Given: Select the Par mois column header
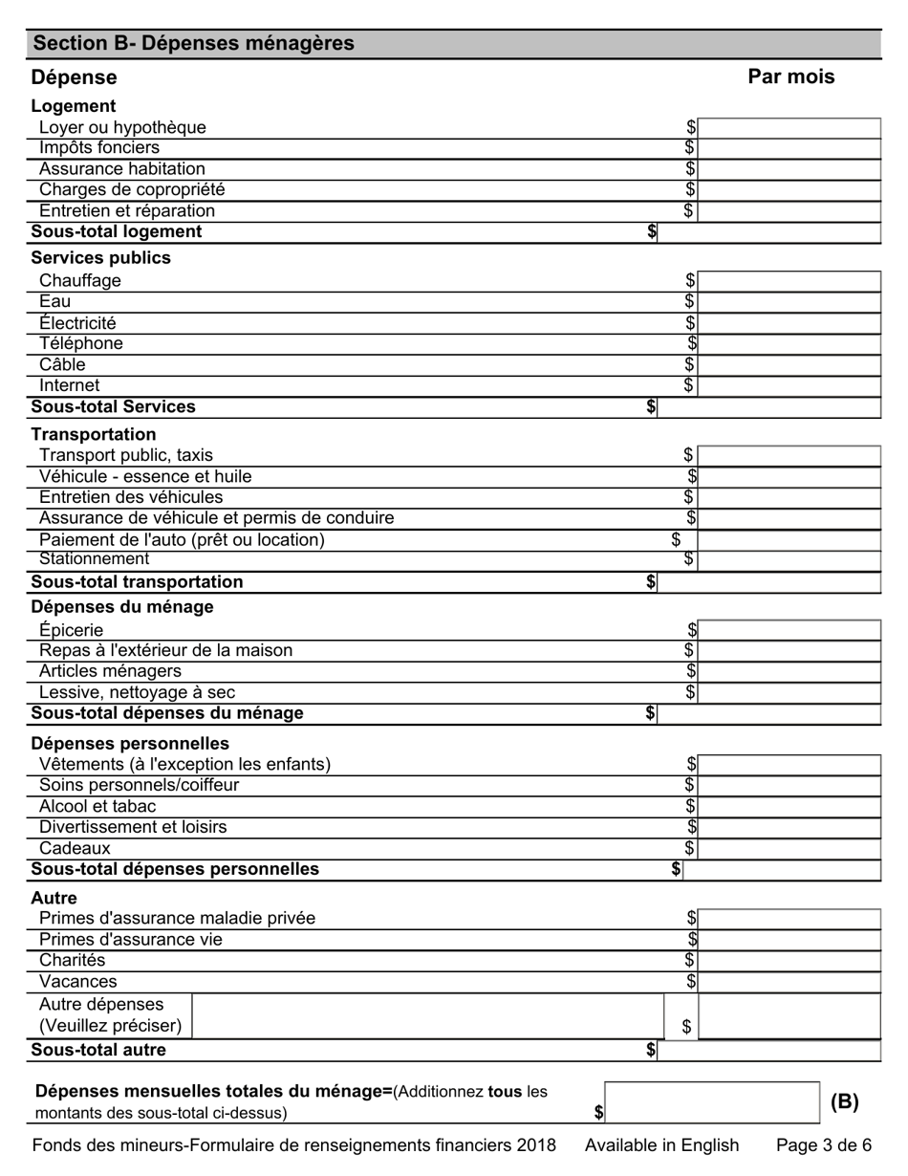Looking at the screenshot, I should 790,77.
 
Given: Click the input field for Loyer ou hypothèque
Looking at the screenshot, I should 789,128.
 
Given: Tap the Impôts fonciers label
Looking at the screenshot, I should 99,148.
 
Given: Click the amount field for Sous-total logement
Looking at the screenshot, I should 768,232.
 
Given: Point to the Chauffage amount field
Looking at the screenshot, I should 789,281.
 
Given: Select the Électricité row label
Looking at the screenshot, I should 77,323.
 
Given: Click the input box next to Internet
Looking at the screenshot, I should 789,386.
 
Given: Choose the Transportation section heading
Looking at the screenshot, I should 94,434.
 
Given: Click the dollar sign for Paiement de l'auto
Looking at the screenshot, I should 677,540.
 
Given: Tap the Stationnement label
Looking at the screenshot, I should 95,559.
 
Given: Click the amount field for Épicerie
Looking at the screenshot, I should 789,630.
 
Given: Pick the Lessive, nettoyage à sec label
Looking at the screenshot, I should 137,692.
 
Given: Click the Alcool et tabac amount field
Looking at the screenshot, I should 789,807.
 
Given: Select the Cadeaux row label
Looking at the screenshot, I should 75,848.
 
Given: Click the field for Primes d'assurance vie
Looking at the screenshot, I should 789,940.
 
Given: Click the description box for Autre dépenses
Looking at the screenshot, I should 427,1016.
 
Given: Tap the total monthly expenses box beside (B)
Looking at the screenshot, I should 712,1102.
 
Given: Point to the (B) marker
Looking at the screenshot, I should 844,1102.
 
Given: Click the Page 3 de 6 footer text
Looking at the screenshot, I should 823,1145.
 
